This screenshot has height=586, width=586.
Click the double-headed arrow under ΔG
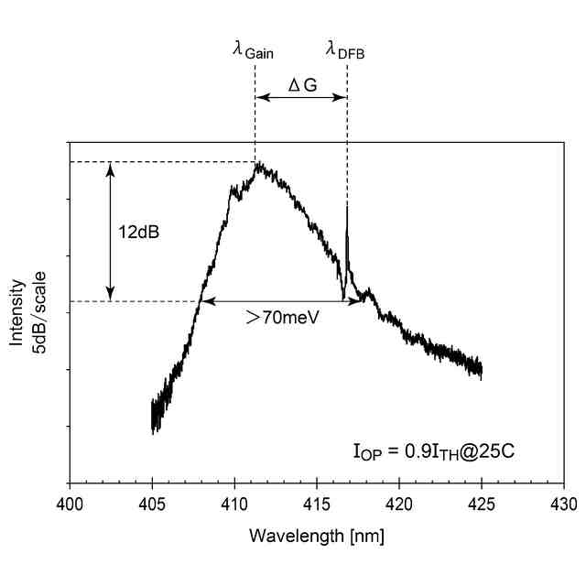[300, 97]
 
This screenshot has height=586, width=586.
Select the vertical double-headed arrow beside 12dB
[110, 232]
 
